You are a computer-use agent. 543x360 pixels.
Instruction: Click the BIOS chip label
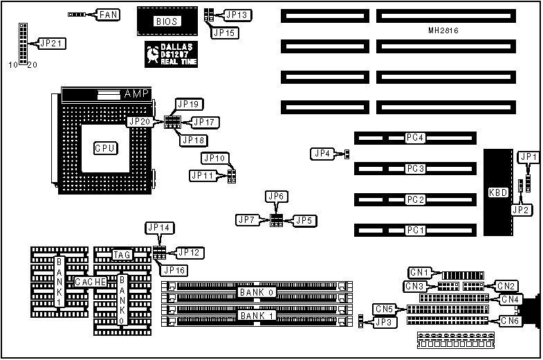tap(167, 21)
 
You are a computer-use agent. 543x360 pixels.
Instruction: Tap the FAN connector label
tap(108, 14)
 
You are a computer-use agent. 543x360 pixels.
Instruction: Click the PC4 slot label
tap(414, 138)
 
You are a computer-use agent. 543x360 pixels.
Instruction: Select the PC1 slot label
tap(414, 230)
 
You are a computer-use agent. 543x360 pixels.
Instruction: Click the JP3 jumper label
tap(383, 321)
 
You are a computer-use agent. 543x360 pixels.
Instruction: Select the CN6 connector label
tap(510, 321)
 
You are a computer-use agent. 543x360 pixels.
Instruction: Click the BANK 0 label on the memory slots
tap(257, 292)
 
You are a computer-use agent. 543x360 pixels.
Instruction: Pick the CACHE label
tap(91, 282)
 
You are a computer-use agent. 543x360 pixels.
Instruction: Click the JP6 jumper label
tap(276, 197)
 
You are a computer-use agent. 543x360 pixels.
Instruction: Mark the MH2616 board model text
tap(443, 31)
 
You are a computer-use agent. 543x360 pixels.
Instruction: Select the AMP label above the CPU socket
tap(136, 93)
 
